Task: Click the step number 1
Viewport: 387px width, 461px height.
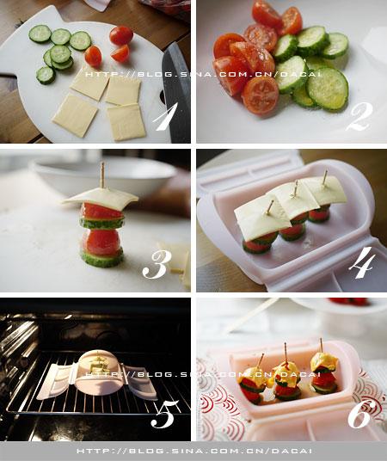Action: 165,116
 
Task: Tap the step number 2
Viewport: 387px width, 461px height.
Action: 359,116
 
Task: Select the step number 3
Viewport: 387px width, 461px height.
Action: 157,265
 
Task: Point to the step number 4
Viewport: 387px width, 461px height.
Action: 362,262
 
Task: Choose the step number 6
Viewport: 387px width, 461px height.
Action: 359,415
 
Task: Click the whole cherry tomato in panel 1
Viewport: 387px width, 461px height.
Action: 121,35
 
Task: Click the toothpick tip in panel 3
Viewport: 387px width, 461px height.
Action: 102,163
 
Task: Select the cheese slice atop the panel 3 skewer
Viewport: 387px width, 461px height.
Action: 100,198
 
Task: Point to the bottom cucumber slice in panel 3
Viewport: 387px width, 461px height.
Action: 101,258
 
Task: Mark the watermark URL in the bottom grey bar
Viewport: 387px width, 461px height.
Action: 194,451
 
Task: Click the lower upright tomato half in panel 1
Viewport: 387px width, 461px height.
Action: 93,56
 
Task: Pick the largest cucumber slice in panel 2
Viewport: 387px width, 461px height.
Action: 328,89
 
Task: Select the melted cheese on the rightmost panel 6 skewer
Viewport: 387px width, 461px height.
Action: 324,362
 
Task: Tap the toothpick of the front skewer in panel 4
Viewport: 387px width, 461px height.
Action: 270,207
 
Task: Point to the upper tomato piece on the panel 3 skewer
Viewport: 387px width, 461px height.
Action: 101,211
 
